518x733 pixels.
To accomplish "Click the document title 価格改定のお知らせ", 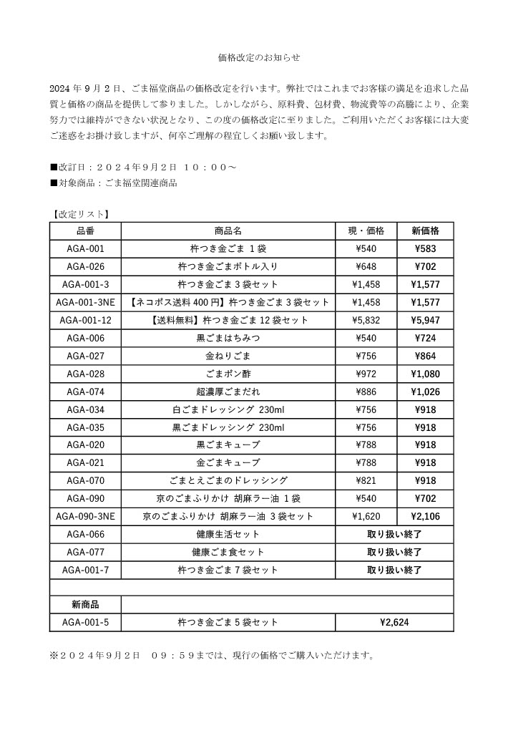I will [258, 57].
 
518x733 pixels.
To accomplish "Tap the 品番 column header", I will [85, 231].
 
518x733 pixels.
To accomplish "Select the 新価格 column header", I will [425, 231].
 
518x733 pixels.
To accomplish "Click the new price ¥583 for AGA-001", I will [425, 249].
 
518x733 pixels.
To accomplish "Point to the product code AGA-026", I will [85, 267].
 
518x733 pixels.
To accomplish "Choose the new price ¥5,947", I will [425, 320].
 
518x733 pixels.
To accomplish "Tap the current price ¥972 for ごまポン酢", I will [366, 374].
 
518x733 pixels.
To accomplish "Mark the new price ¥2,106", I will [425, 516].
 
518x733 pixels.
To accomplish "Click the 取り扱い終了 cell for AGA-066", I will [394, 534].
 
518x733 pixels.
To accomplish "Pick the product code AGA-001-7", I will [85, 570].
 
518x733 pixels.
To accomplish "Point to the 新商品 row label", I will [85, 605].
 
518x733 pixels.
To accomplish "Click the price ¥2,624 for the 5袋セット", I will [394, 623].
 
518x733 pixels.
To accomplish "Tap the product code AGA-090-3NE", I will [85, 516].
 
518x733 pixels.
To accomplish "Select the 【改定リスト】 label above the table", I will [79, 213].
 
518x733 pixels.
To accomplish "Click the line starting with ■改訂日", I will [143, 167].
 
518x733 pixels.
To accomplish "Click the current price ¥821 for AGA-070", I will [366, 480].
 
